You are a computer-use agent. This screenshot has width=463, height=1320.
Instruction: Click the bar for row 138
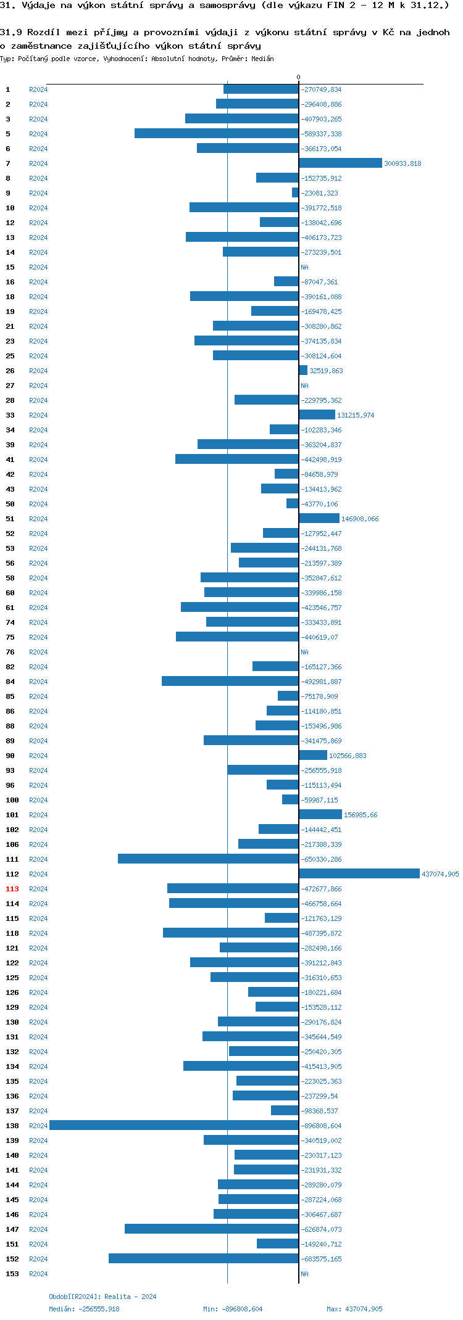coord(174,1126)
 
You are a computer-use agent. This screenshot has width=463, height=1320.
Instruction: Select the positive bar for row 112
coord(359,874)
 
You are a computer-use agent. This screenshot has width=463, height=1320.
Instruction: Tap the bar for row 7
coord(340,163)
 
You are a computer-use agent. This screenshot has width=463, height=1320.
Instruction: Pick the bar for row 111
coord(208,859)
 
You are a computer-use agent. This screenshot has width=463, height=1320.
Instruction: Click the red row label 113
coord(12,889)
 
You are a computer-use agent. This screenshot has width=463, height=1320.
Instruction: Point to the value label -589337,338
coord(321,134)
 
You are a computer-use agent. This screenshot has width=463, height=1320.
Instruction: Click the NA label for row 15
coord(304,267)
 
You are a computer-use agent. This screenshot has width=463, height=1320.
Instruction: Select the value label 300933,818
coord(403,163)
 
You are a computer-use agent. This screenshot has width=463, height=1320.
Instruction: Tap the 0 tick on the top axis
coord(298,78)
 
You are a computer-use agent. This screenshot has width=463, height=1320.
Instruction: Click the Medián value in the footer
coord(85,1309)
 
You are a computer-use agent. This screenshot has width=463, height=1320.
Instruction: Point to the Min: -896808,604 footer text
coord(233,1309)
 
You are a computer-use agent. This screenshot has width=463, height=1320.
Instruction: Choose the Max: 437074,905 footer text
coord(354,1309)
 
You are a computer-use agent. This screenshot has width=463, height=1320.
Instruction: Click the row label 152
coord(12,1259)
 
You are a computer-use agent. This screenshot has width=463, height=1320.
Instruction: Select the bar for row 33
coord(317,415)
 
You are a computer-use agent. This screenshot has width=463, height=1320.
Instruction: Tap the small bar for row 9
coord(295,193)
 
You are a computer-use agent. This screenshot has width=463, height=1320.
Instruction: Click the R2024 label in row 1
coord(38,89)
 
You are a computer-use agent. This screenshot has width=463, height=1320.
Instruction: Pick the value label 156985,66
coord(361,815)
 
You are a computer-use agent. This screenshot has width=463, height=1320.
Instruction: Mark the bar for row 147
coord(212,1229)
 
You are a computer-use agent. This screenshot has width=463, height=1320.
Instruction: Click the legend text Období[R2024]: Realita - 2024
coord(102,1297)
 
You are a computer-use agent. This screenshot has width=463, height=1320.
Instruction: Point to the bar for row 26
coord(303,371)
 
